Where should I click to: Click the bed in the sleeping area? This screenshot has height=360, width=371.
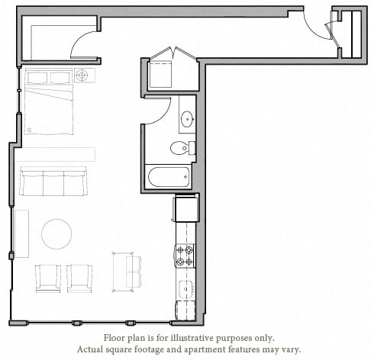point(49,103)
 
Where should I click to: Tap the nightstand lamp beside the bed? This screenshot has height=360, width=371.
point(82,76)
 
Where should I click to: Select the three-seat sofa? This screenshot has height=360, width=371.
point(53,183)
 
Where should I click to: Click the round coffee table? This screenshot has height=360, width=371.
point(56,233)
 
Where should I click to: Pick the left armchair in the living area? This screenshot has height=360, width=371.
point(48,276)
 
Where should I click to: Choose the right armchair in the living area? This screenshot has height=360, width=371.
point(79,276)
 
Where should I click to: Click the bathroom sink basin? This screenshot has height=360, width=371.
point(186,119)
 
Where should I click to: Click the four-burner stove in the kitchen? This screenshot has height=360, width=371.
point(185,256)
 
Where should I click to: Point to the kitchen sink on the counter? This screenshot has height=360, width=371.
point(185,290)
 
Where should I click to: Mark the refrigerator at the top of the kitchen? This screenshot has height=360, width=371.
point(185,207)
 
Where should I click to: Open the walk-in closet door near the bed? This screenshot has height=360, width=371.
point(85,46)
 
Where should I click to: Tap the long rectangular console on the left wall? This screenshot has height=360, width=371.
point(21,233)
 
